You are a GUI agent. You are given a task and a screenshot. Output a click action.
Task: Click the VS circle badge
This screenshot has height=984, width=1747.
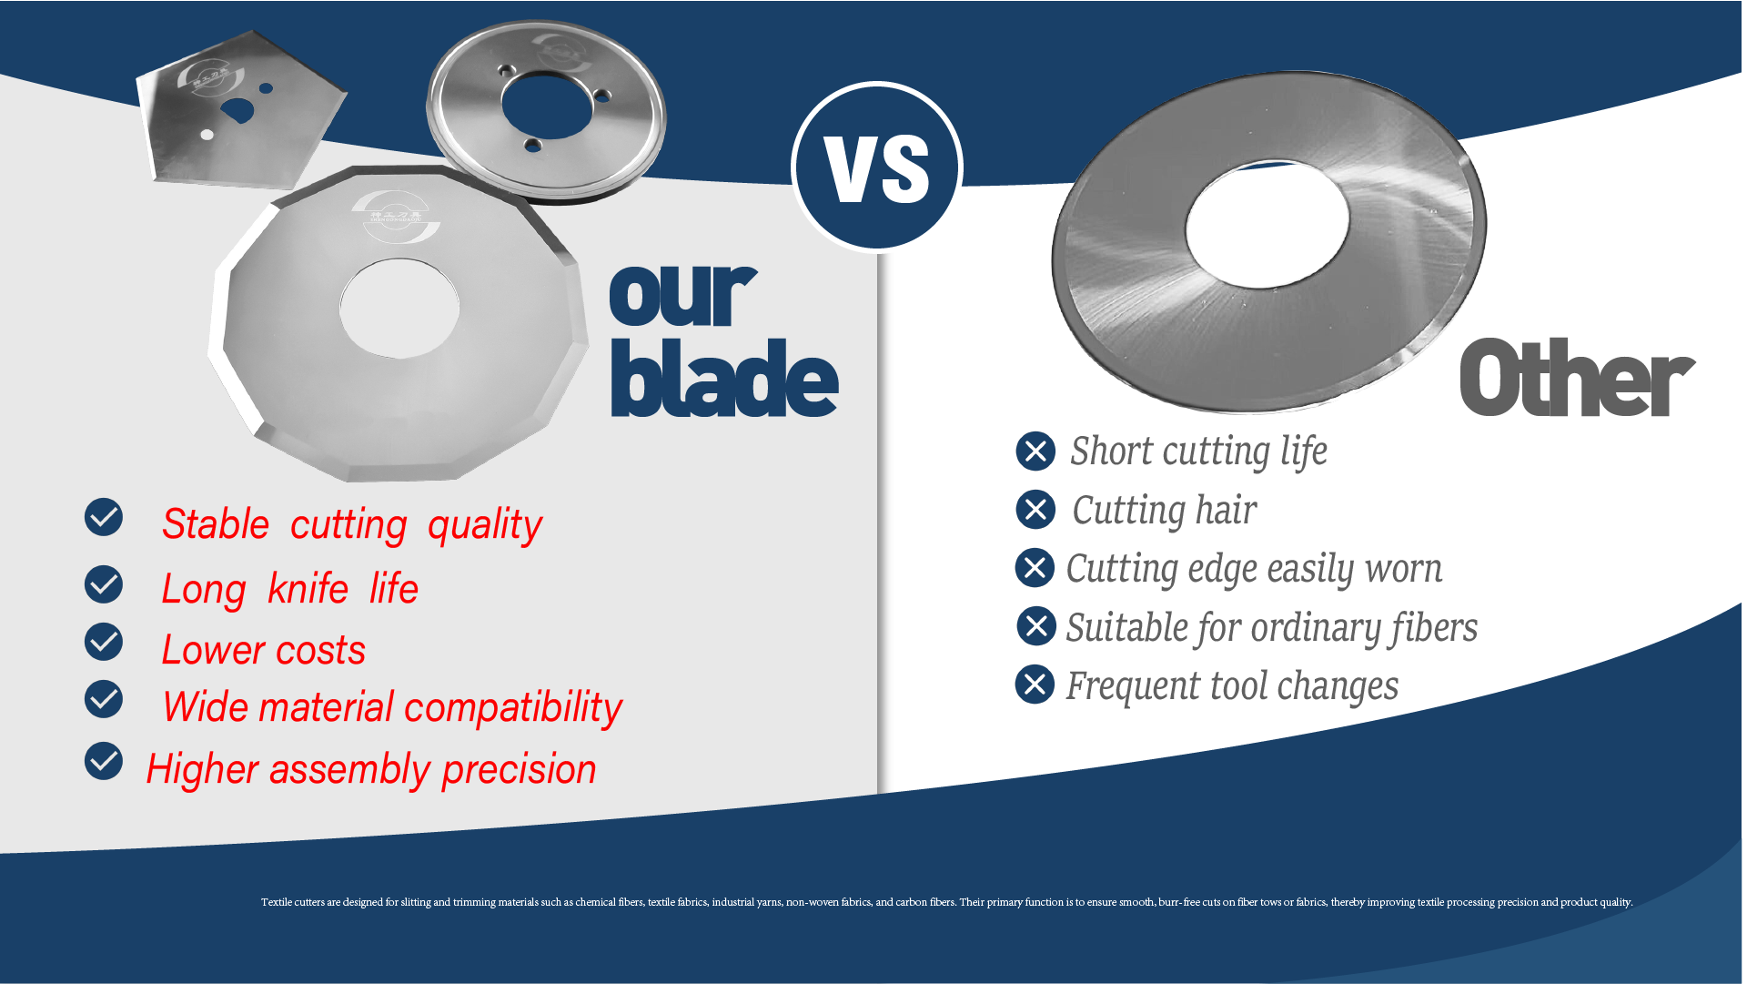877,167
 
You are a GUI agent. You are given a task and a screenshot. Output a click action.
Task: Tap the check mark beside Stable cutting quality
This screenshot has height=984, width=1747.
104,517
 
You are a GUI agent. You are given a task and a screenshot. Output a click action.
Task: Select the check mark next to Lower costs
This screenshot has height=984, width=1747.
104,642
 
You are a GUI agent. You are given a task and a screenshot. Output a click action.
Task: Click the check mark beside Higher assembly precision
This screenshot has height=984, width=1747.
104,761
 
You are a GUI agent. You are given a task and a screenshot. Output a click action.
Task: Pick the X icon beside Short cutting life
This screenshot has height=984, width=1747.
1035,451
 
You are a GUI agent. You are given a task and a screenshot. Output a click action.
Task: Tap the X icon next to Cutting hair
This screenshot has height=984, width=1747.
1035,509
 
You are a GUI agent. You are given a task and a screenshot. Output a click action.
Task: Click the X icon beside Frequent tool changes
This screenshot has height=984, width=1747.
1035,685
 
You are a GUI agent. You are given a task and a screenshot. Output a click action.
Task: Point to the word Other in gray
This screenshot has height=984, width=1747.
1577,378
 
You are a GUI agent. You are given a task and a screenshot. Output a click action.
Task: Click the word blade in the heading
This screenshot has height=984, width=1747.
724,378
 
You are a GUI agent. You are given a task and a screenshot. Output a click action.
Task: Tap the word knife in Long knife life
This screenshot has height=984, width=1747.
308,589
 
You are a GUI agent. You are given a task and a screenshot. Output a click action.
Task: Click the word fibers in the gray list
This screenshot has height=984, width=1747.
1434,628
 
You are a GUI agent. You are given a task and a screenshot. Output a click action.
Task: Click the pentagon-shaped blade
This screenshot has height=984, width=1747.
241,110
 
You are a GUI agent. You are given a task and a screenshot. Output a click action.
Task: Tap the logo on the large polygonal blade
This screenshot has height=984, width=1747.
396,217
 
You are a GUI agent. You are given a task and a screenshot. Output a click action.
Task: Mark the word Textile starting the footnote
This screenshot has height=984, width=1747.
277,902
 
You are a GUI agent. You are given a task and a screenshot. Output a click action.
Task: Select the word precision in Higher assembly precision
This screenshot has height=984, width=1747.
520,770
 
